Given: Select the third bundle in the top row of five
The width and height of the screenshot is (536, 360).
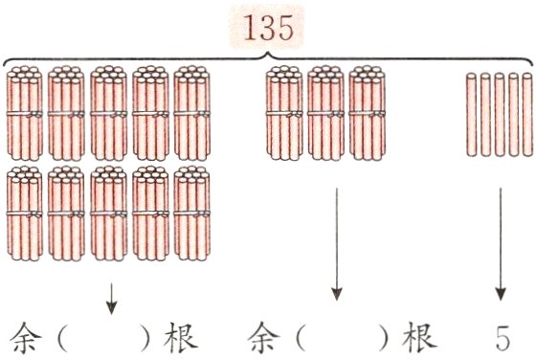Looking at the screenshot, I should click(x=109, y=113).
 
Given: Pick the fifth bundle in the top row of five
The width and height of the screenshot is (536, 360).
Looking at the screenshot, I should click(x=193, y=113).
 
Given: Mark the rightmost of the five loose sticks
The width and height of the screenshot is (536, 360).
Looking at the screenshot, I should click(x=525, y=114).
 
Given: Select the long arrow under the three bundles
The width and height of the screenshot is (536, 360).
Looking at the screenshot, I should click(x=336, y=244).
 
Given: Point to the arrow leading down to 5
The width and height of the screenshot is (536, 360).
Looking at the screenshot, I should click(x=500, y=244).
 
